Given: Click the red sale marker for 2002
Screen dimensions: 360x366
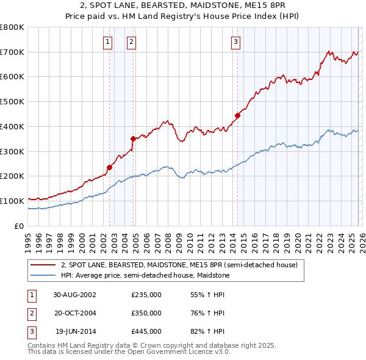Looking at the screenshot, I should point(110,167).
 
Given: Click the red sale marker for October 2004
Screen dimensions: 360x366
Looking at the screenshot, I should point(133,139).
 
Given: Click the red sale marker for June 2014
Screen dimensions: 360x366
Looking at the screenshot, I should point(237,115).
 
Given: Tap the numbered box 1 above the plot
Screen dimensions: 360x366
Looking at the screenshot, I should point(107,42).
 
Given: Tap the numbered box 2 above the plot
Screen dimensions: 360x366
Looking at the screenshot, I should point(131,42).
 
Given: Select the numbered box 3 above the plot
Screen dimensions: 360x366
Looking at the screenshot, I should point(235,42).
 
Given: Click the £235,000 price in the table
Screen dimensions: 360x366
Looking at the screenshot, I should point(146,294).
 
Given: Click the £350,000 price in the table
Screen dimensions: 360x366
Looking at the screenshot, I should point(146,313).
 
